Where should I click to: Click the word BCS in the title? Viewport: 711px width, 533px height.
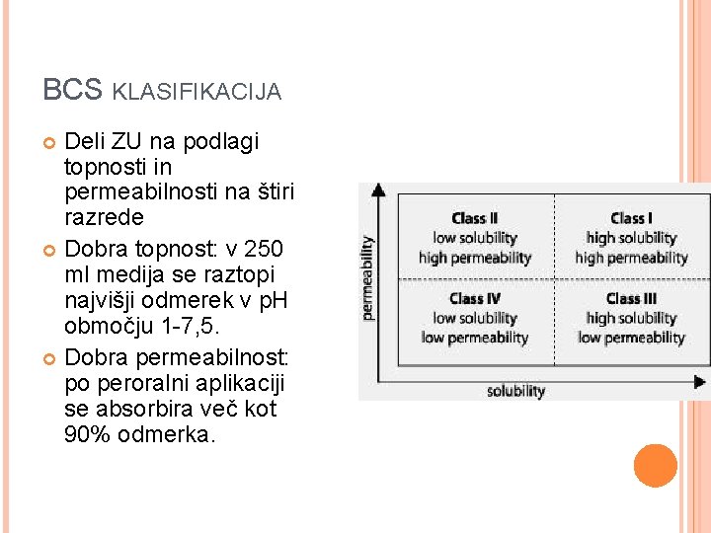coord(72,90)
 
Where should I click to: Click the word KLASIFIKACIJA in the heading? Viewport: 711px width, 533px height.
coord(197,92)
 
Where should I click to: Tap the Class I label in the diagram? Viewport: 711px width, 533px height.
coord(631,218)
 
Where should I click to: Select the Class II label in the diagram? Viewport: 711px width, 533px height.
coord(474,218)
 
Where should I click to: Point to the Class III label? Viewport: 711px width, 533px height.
coord(631,298)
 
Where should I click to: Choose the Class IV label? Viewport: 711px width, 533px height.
coord(474,298)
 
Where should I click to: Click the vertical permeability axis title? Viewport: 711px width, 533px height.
coord(367,277)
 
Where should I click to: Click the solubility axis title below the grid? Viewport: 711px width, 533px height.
coord(515,392)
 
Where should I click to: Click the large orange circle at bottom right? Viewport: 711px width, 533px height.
coord(656,466)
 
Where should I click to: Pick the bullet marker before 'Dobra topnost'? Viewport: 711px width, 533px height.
coord(50,248)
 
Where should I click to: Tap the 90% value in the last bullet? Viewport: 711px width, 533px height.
coord(86,435)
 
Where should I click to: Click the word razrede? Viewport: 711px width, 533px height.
coord(103,217)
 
